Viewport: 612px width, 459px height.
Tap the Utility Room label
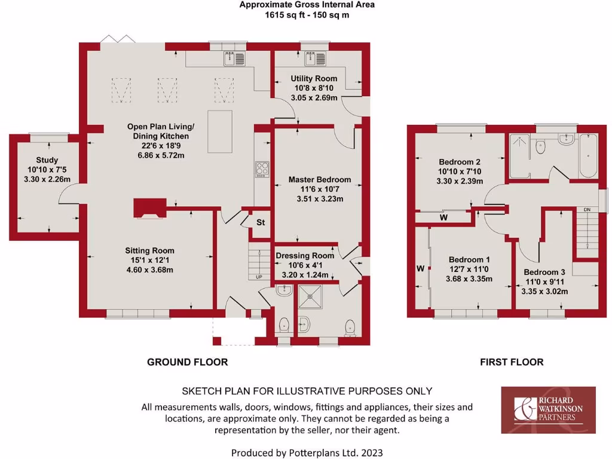tap(314, 78)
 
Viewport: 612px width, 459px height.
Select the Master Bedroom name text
tap(320, 179)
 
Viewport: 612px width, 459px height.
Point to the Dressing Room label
tap(305, 255)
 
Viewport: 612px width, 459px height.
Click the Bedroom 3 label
tap(541, 271)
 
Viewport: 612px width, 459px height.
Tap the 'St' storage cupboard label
tap(261, 223)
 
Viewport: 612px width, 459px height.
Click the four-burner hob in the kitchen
tap(261, 170)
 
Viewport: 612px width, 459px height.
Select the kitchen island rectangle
tap(219, 131)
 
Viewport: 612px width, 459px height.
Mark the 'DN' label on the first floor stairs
tap(587, 210)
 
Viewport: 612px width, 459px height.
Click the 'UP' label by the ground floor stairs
tap(258, 277)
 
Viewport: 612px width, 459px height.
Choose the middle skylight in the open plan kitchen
tap(168, 91)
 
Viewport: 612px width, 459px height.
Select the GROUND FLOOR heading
tap(188, 362)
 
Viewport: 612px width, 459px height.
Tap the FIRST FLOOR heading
tap(512, 362)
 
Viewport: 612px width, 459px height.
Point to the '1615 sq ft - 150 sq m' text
tap(307, 15)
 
